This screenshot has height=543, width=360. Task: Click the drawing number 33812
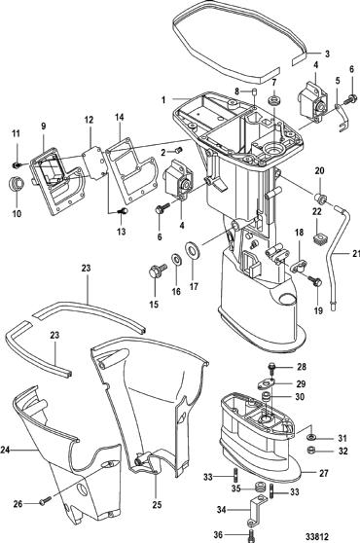point(317,535)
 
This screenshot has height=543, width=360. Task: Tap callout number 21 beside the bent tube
point(356,253)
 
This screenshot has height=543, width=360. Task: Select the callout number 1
point(163,99)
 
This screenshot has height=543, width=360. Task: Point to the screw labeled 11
point(17,165)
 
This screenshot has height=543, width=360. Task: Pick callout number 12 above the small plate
point(89,120)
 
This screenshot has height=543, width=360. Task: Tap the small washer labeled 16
point(176,259)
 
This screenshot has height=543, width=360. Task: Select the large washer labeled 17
point(192,249)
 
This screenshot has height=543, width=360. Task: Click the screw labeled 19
point(315,280)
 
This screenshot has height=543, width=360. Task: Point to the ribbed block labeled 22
point(317,239)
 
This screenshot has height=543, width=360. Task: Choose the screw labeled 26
point(46,500)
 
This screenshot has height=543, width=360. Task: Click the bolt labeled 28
point(272,369)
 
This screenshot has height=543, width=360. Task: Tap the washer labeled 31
point(310,437)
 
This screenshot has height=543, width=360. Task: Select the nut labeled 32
point(310,451)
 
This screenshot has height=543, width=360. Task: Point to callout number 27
point(323,473)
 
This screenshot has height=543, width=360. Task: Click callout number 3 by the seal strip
point(327,54)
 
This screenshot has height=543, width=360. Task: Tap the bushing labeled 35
point(259,488)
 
